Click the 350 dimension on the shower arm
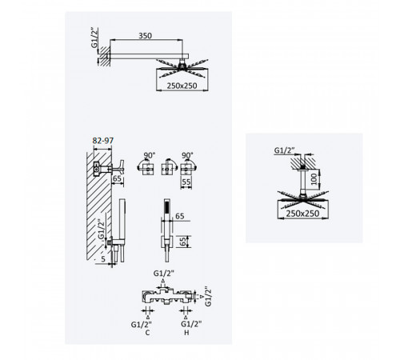click(145, 36)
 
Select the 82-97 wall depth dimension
click(103, 141)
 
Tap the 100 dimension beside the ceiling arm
click(314, 178)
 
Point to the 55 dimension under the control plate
click(186, 182)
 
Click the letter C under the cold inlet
click(147, 333)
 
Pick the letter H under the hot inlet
click(186, 333)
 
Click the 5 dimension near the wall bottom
click(103, 259)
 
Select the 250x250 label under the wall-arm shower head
click(182, 86)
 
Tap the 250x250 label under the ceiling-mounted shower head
click(302, 214)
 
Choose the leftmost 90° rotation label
click(150, 155)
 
